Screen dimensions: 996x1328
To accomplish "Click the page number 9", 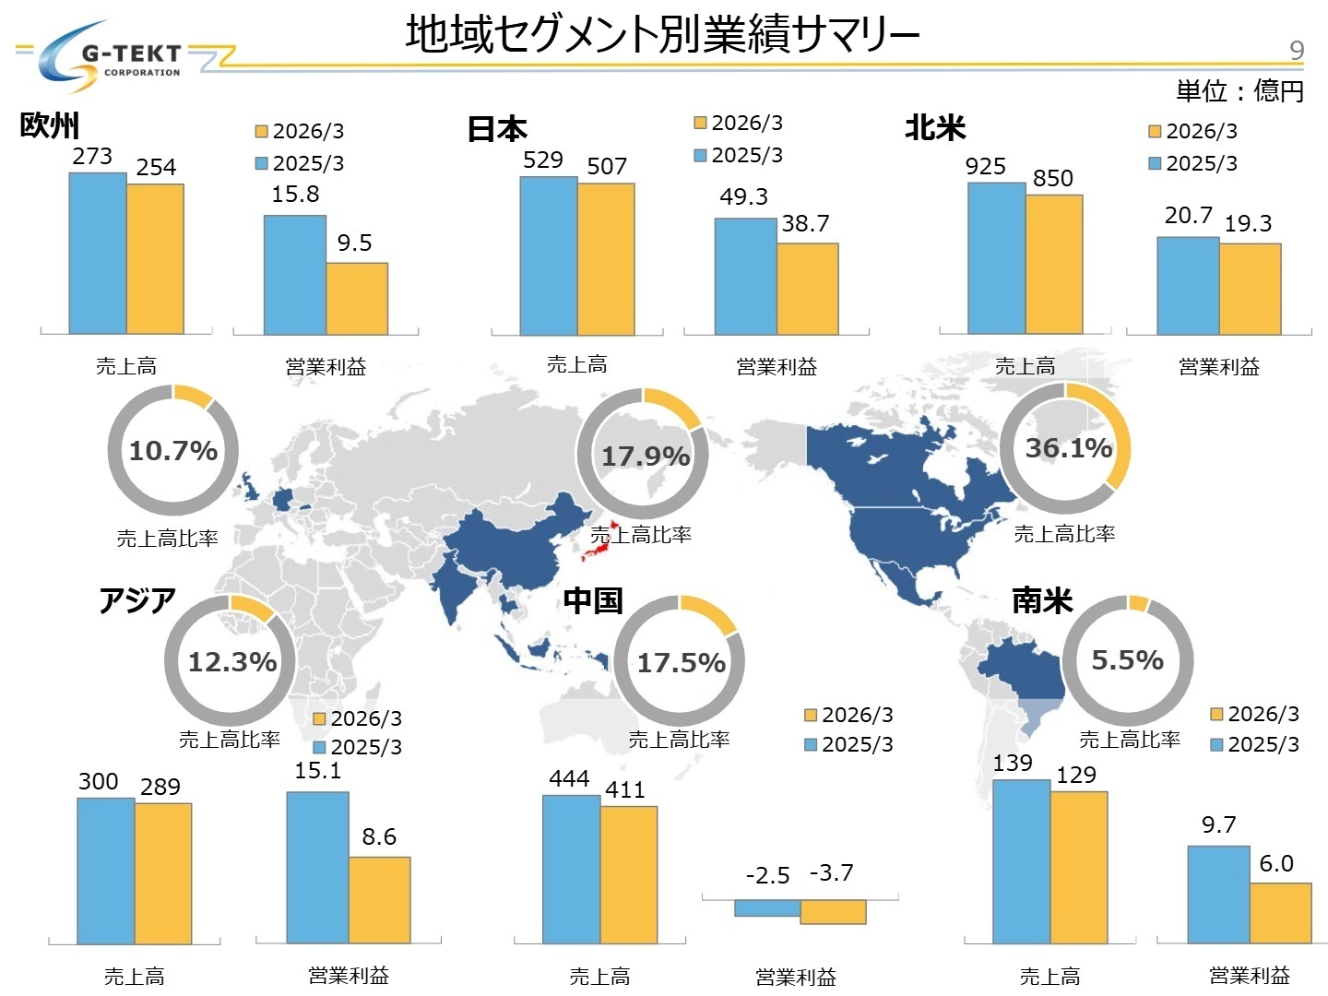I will click(1296, 50).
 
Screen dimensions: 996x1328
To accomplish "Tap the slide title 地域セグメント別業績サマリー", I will click(662, 35).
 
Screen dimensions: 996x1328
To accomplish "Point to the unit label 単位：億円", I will click(1239, 91).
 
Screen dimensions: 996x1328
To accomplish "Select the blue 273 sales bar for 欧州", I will click(98, 254).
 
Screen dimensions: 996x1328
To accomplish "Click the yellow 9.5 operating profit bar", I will click(357, 299).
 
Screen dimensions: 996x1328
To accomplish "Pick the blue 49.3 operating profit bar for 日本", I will click(745, 277).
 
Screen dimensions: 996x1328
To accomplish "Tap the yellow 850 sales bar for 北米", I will click(1054, 265).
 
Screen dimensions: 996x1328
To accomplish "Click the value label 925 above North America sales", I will click(985, 167).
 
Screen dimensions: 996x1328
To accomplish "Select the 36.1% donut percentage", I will click(1069, 448).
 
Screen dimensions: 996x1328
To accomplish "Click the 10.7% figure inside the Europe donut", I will click(173, 451).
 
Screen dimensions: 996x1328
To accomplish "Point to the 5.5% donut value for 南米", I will click(1127, 660).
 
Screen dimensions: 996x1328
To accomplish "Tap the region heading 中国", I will click(593, 601).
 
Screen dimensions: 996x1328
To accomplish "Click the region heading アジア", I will click(136, 601).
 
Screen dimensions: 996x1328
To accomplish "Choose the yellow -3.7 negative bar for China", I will click(833, 911).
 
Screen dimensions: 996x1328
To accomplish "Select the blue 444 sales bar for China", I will click(571, 869).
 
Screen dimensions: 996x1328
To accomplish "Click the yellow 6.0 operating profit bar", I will click(1280, 913).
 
